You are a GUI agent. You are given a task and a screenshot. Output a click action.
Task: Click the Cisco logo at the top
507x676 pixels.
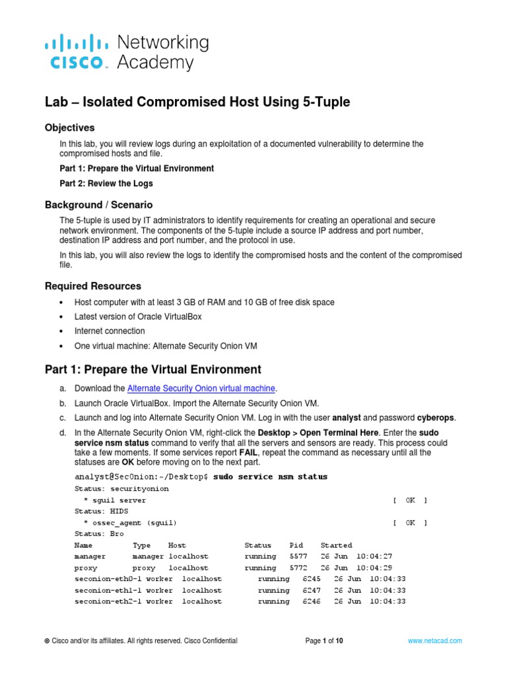coord(76,52)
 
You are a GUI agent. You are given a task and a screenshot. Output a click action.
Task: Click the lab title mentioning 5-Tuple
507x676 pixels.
coord(197,102)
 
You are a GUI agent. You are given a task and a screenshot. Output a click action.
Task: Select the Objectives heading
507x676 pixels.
coord(69,127)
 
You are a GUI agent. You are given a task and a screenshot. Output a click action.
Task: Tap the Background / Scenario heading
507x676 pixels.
coord(98,205)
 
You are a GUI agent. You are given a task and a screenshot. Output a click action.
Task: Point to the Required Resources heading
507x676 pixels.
coord(92,286)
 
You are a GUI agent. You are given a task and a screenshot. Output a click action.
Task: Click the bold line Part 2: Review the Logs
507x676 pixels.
coord(106,184)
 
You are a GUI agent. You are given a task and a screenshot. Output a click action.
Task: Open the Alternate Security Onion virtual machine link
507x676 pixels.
coord(202,388)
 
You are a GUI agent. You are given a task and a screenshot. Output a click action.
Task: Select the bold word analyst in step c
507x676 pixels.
coord(346,417)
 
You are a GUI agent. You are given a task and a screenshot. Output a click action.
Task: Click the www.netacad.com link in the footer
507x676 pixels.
coord(435,640)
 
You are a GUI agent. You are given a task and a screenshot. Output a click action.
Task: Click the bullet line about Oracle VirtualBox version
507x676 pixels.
coord(138,317)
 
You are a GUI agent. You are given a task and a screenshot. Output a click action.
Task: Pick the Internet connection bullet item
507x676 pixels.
coord(110,331)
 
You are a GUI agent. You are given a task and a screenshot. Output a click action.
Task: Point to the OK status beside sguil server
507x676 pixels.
coord(410,500)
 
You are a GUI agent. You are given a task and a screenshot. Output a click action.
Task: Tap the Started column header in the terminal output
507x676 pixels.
coord(336,545)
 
